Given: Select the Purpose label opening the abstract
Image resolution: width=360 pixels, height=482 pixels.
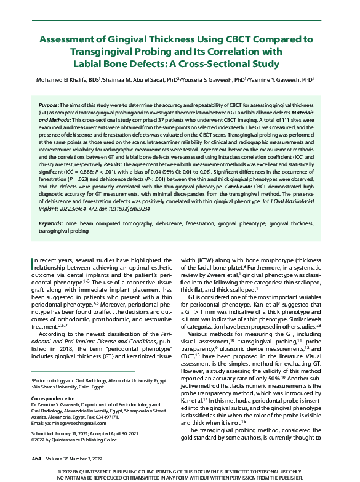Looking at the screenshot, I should click(50, 106).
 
